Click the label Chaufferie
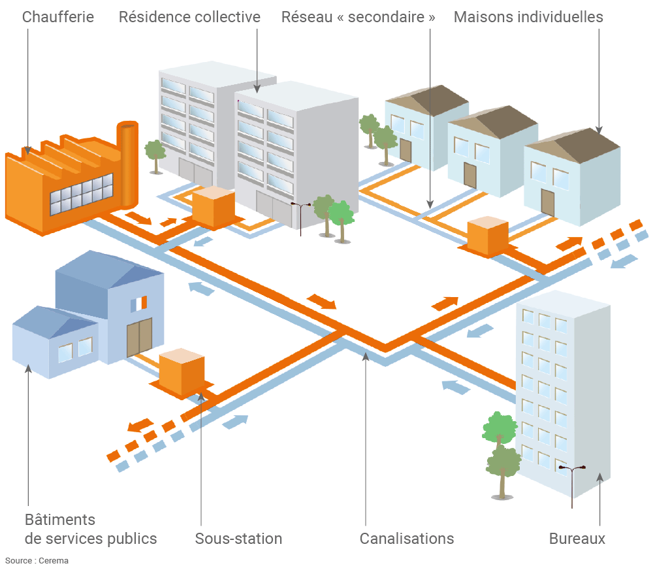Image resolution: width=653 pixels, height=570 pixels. [57, 17]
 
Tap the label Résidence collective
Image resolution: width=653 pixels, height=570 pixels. [189, 17]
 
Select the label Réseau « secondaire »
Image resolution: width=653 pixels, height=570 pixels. [358, 17]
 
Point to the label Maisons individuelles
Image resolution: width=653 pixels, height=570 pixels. [528, 17]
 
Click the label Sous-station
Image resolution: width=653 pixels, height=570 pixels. [238, 539]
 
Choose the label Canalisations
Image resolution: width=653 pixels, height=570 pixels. [406, 539]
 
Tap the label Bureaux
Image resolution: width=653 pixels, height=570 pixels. [577, 539]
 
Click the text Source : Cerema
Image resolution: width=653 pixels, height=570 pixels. [37, 560]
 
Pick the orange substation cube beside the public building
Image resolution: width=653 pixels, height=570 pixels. [182, 372]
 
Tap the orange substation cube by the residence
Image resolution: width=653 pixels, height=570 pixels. [213, 208]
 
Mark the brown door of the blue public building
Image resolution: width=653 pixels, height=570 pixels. [139, 337]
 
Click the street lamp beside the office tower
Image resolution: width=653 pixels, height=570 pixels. [572, 483]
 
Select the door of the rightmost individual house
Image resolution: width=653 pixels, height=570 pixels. [547, 202]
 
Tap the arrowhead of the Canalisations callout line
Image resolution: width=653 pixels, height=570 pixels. [366, 356]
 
